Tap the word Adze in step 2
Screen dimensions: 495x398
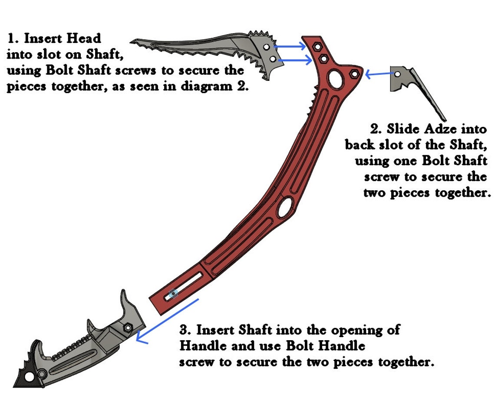coord(441,129)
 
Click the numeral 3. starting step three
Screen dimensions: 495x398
coord(186,330)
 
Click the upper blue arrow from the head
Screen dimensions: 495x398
coord(290,46)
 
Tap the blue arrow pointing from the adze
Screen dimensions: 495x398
coord(380,74)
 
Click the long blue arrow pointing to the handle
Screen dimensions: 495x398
coord(167,321)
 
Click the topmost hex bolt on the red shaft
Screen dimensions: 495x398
coord(317,47)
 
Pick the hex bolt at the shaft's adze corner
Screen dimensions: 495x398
coord(354,74)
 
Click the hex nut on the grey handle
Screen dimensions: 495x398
coord(128,328)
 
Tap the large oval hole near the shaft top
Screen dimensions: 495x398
coord(336,79)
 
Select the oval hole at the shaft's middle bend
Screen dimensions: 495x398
coord(285,208)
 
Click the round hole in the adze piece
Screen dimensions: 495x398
coord(398,74)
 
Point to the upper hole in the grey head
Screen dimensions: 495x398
coord(267,47)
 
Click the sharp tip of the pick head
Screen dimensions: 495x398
coord(131,41)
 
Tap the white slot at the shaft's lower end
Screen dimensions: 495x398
coord(183,286)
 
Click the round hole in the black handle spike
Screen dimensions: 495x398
coord(30,377)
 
